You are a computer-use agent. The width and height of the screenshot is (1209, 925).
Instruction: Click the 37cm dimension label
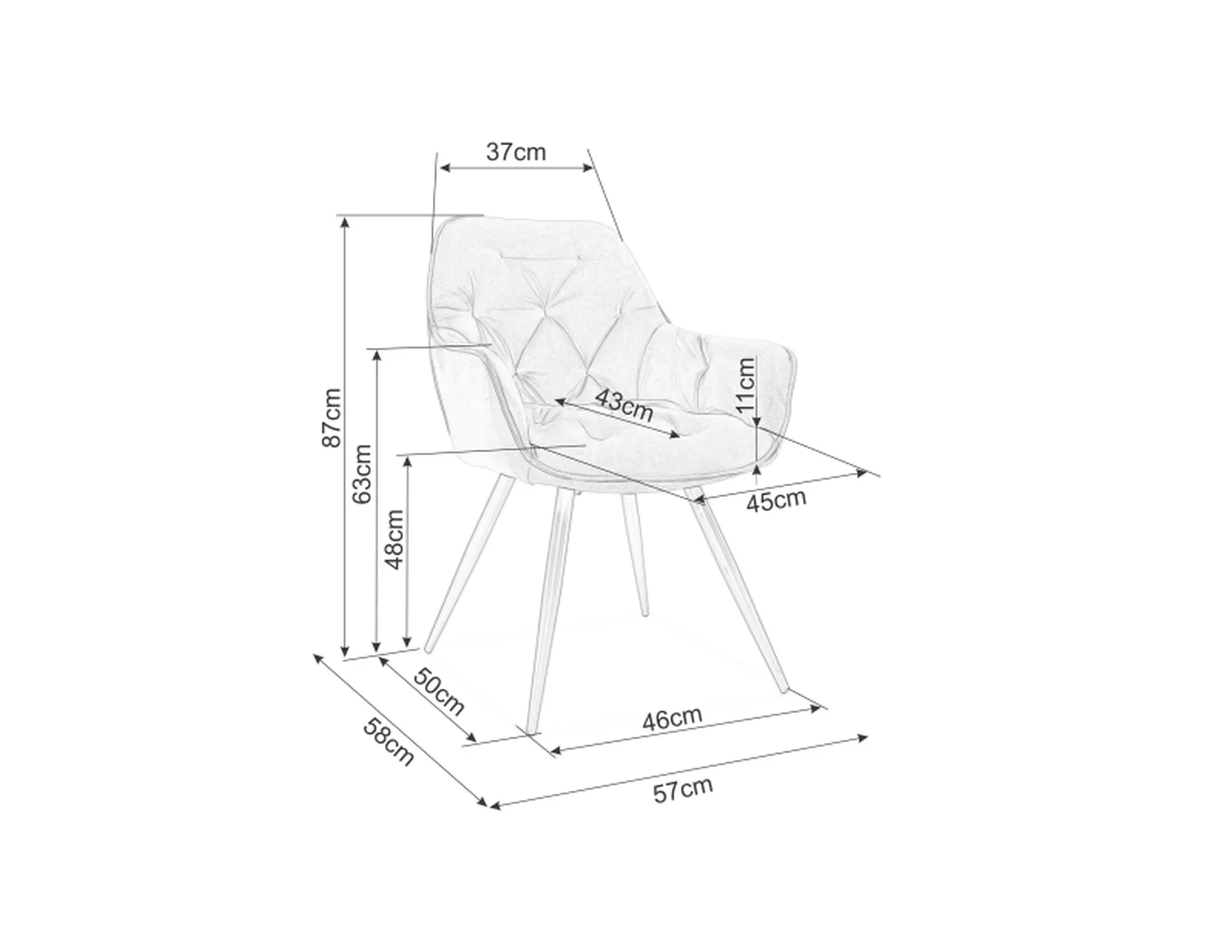pos(516,152)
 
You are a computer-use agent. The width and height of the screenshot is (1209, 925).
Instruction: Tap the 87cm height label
pos(331,418)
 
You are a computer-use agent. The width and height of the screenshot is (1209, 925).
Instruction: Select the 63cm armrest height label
pos(361,475)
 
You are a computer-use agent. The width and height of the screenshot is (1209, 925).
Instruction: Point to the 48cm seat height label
pos(394,539)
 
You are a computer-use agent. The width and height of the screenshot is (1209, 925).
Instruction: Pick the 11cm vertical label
pos(746,385)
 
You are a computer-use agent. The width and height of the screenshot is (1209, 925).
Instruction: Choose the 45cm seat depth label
pos(776,501)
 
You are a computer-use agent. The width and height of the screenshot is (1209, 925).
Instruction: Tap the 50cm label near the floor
pos(439,692)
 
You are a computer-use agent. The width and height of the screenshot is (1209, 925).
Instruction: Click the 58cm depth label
pos(388,741)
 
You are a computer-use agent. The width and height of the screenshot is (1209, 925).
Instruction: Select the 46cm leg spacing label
pos(672,718)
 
